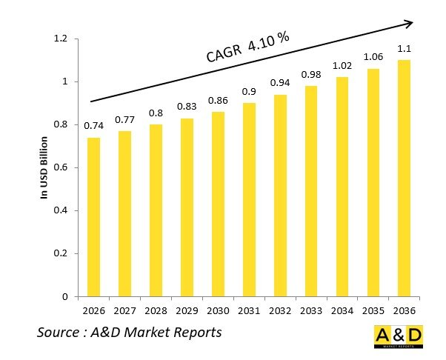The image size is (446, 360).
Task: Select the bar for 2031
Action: (249, 200)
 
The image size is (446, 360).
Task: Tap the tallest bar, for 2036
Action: (404, 178)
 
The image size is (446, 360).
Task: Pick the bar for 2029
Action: (187, 207)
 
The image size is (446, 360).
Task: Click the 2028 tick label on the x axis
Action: (156, 309)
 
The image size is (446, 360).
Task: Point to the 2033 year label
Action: (311, 309)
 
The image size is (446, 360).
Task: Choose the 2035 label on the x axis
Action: (373, 309)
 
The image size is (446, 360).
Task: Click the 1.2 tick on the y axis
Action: (61, 39)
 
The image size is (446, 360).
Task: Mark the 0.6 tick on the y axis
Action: (61, 167)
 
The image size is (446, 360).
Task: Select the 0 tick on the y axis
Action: (65, 297)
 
